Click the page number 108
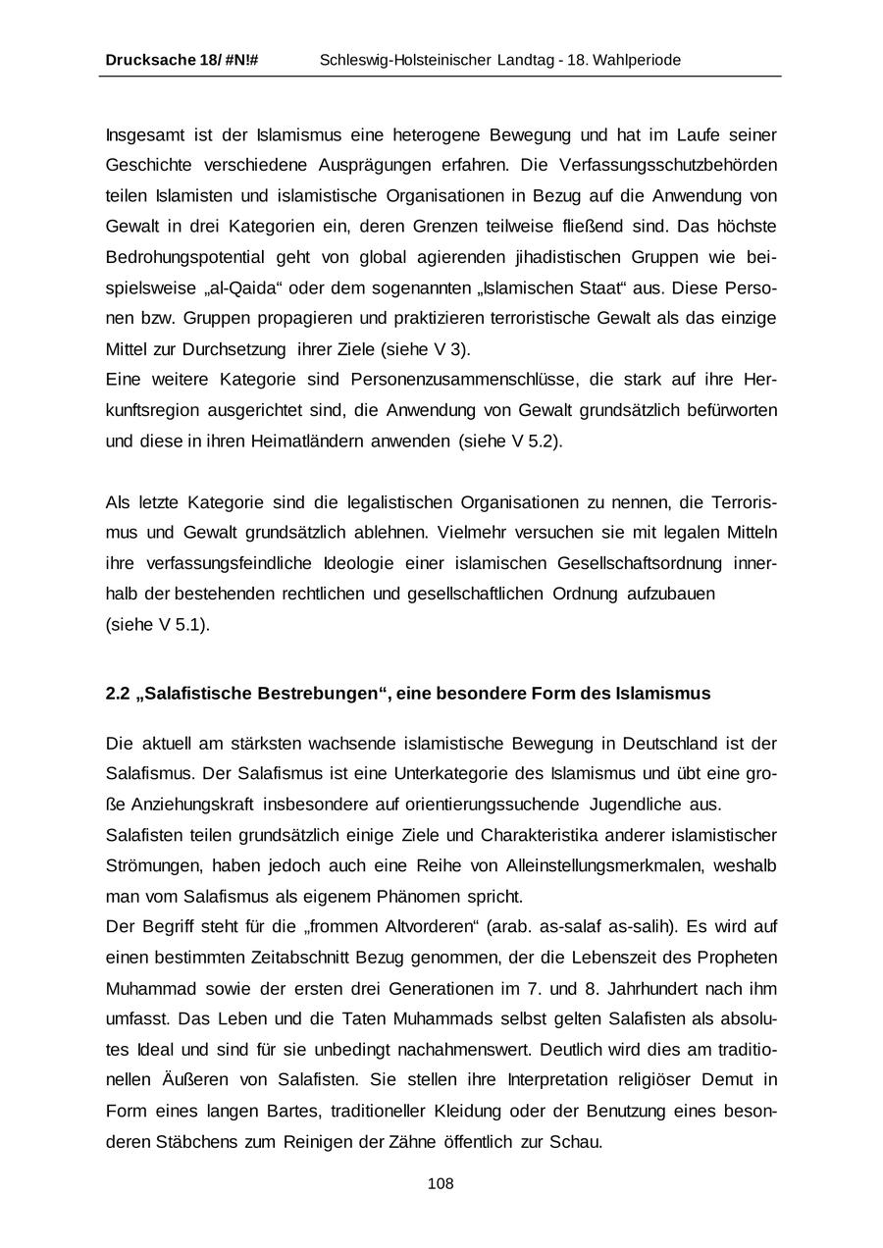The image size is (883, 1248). click(441, 1184)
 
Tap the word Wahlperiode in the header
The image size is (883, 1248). click(635, 61)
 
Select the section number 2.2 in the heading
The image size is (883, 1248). click(117, 694)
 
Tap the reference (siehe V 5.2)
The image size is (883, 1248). click(511, 442)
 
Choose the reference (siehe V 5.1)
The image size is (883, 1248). click(158, 625)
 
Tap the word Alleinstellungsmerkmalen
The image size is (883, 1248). click(599, 865)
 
